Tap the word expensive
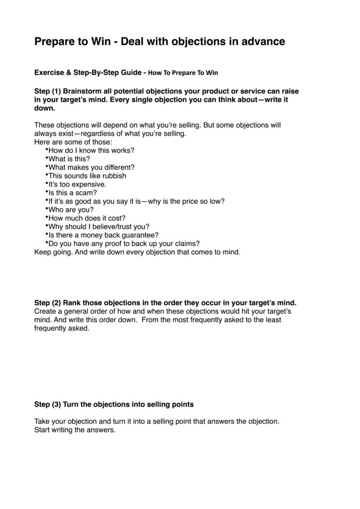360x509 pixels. coord(90,184)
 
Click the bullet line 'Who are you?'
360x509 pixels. coord(71,209)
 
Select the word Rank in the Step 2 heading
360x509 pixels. coord(73,303)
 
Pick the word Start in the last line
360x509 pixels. coord(43,430)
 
